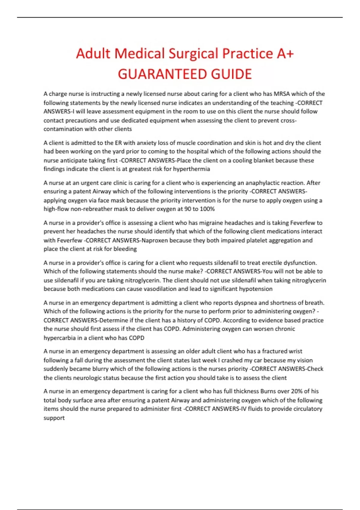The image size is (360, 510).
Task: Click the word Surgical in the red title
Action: coord(193,54)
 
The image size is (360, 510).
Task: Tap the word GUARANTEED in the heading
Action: coord(162,74)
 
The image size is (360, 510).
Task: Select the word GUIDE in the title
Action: coord(231,74)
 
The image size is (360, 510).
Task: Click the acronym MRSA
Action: coord(282,94)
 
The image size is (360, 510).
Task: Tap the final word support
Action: coord(54,418)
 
